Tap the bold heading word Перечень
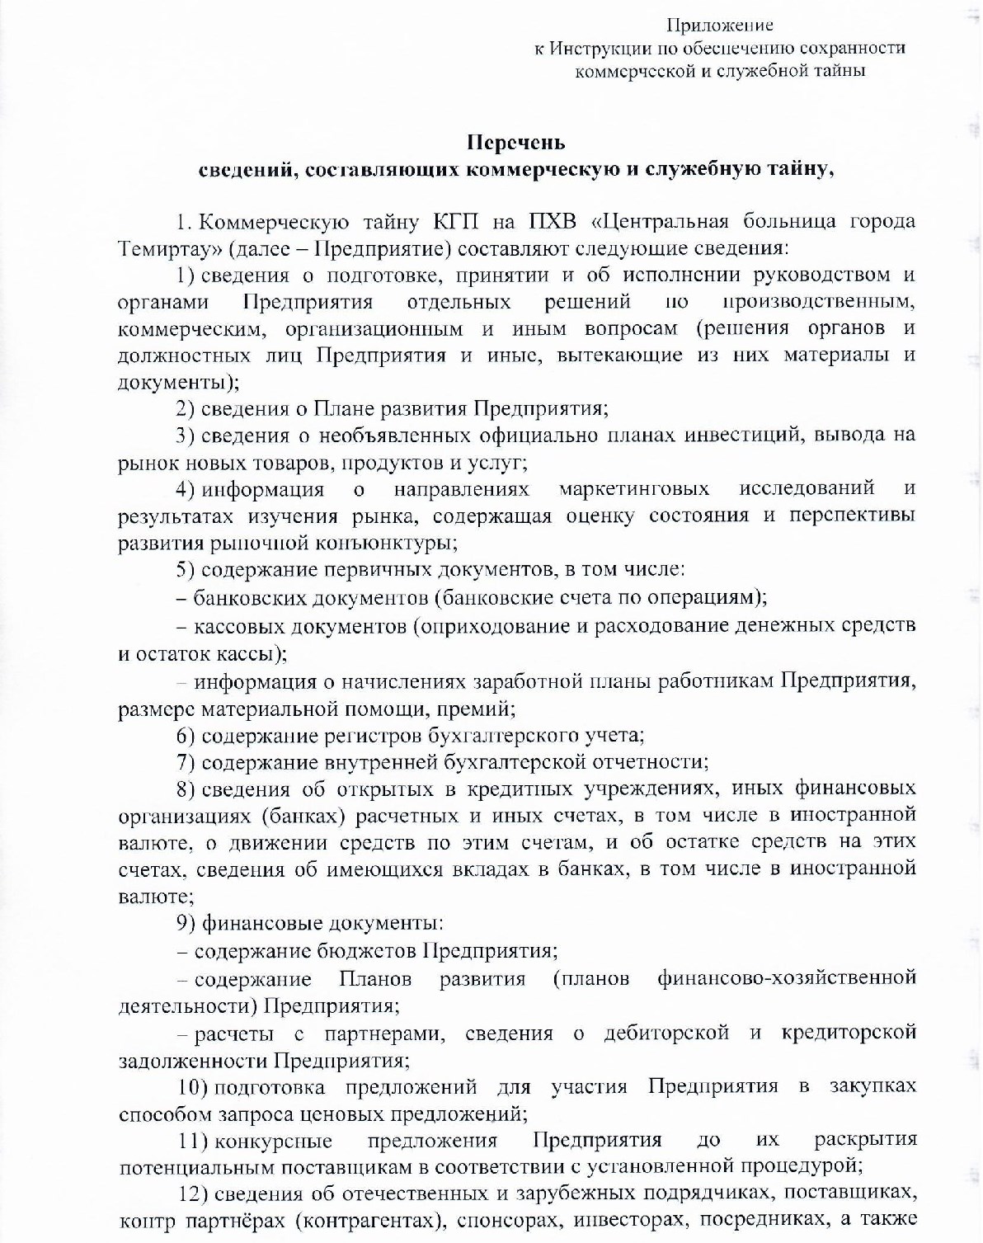(x=516, y=143)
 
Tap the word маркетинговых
(x=633, y=489)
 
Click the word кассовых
(x=232, y=625)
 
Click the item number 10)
(x=194, y=1086)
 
